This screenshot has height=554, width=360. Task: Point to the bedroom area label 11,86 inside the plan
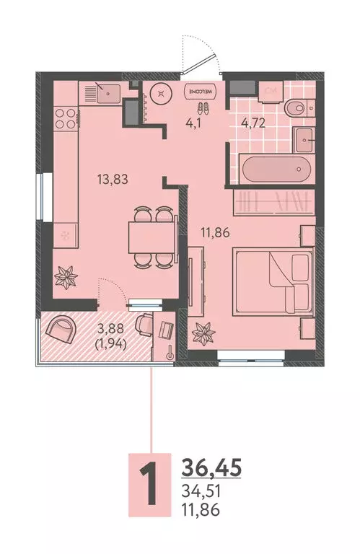pyautogui.click(x=215, y=232)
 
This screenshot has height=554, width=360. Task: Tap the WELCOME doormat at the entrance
pyautogui.click(x=202, y=92)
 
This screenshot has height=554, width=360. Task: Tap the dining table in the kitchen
pyautogui.click(x=150, y=236)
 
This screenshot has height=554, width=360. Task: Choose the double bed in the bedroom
pyautogui.click(x=271, y=281)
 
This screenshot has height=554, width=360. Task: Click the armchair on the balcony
pyautogui.click(x=60, y=330)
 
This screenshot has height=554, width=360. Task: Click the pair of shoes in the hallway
pyautogui.click(x=204, y=109)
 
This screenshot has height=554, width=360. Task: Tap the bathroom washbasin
pyautogui.click(x=304, y=138)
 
